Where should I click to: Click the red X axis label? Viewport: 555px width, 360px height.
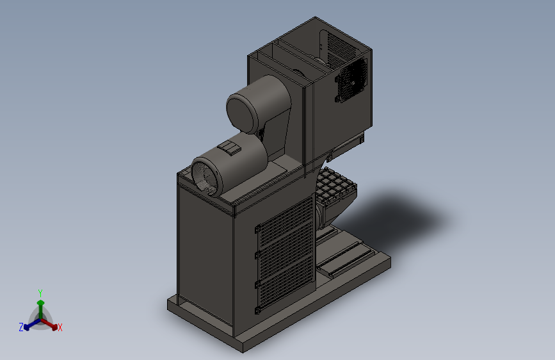pos(60,327)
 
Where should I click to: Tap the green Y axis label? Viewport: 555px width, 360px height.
pos(40,293)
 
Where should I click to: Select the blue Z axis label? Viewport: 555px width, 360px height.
pos(21,327)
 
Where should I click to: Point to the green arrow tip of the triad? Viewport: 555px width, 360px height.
pos(41,302)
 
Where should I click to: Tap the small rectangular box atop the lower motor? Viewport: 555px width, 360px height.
pos(229,148)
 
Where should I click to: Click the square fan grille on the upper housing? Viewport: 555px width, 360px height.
pos(351,81)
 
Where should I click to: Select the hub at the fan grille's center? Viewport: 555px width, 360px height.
pos(353,83)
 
